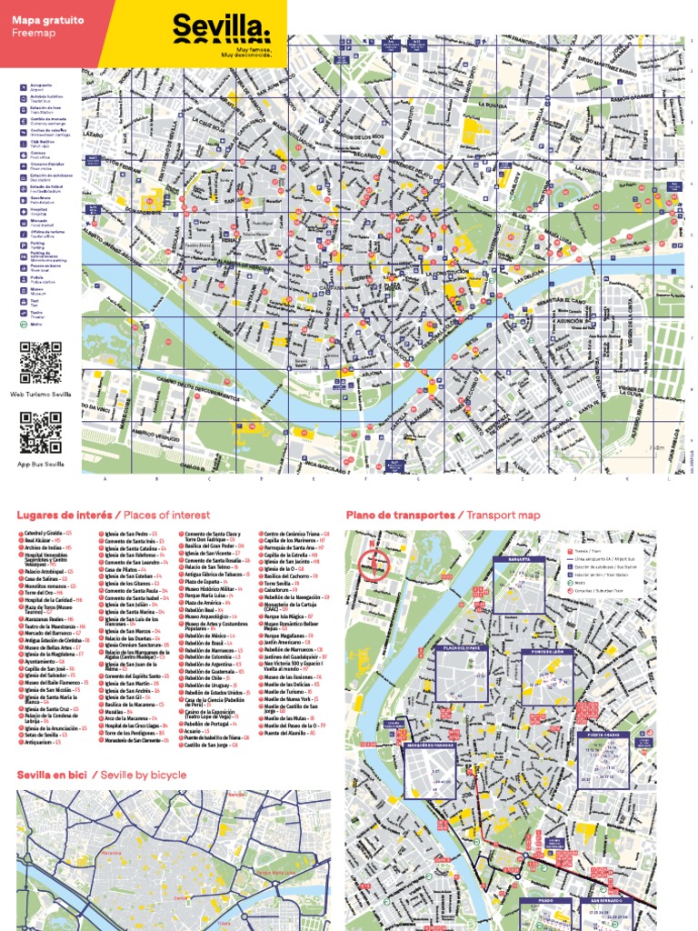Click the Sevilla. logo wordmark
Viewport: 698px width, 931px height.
point(221,25)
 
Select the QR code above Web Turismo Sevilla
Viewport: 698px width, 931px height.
point(41,363)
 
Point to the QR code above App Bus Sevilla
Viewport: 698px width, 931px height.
point(41,433)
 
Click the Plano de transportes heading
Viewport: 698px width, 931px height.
point(401,515)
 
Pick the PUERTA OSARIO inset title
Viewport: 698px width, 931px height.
point(603,735)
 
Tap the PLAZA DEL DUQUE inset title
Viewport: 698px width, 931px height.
point(462,647)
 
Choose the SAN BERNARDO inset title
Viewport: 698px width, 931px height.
point(604,900)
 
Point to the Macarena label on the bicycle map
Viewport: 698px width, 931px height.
point(110,853)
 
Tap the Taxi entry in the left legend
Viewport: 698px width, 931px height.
point(35,302)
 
